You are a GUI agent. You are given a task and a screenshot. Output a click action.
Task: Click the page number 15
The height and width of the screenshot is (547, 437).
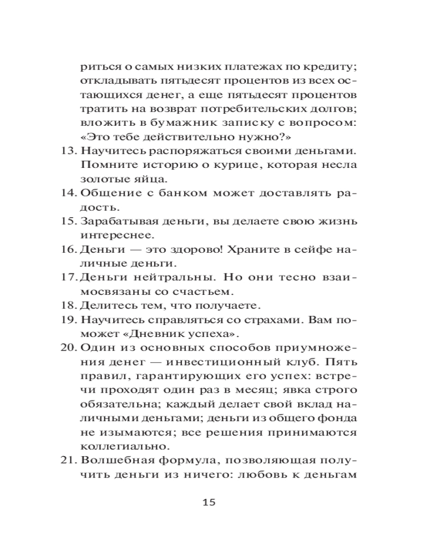tap(209, 502)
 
